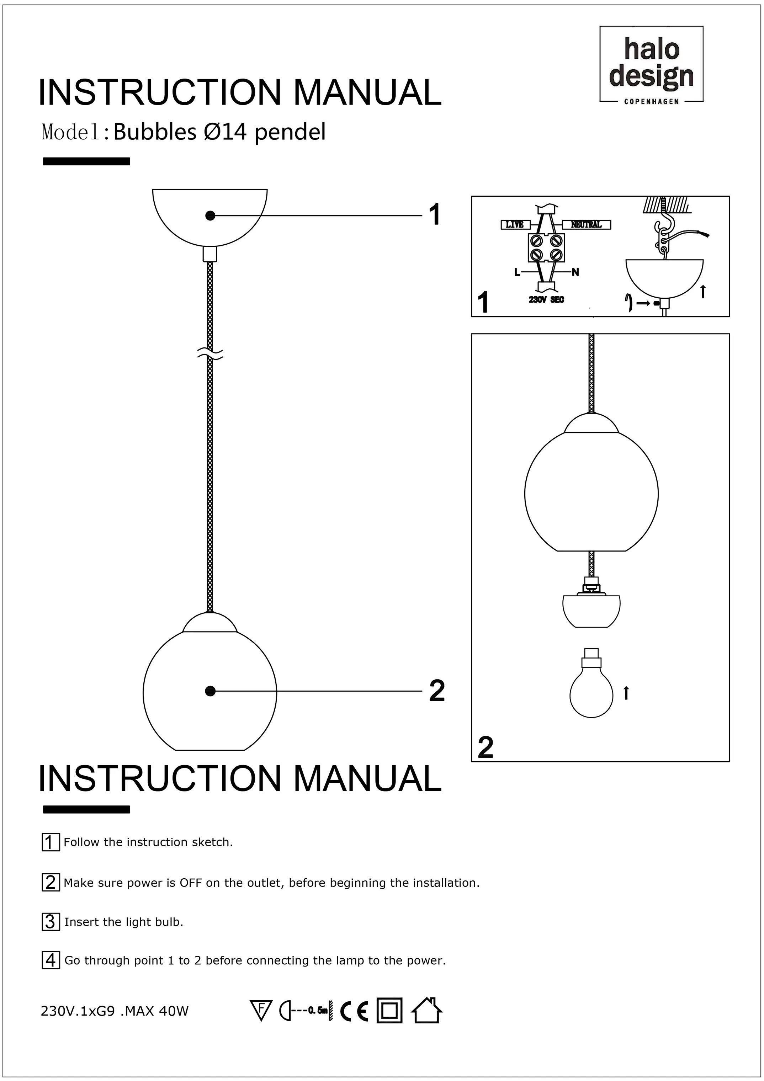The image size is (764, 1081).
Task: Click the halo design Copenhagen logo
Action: pyautogui.click(x=651, y=64)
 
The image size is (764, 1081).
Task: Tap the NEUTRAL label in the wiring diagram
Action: pyautogui.click(x=586, y=225)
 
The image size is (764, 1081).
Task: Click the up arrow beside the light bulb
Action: pyautogui.click(x=626, y=693)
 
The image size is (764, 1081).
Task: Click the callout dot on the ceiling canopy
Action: pyautogui.click(x=211, y=215)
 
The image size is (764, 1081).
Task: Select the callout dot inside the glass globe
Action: pyautogui.click(x=211, y=691)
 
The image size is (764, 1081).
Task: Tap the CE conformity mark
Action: pyautogui.click(x=354, y=1011)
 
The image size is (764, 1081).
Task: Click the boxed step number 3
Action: pyautogui.click(x=51, y=921)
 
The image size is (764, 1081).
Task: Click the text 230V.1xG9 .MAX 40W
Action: pyautogui.click(x=115, y=1011)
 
